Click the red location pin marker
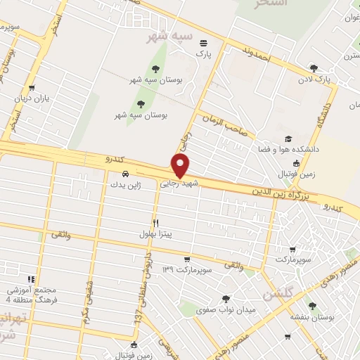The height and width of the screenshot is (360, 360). [x=181, y=165]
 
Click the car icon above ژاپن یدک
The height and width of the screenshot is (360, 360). [x=124, y=174]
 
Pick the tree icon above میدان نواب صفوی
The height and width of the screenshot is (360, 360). [x=225, y=299]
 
